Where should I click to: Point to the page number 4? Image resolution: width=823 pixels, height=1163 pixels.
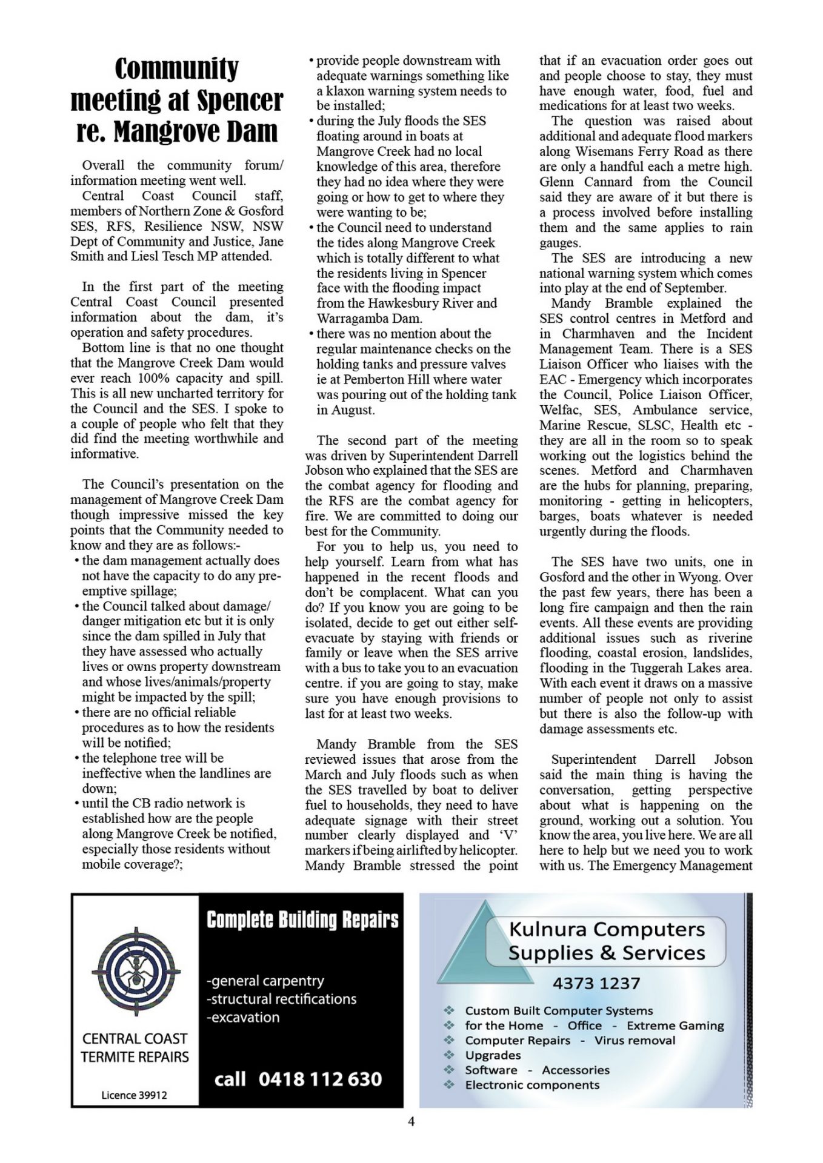[411, 1121]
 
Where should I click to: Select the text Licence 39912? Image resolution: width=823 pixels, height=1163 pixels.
[134, 1095]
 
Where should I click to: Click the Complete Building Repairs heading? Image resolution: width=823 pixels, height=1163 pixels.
[302, 920]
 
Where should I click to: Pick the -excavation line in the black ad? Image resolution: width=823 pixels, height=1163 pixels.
[243, 1017]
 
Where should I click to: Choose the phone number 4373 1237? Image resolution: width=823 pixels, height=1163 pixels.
[596, 983]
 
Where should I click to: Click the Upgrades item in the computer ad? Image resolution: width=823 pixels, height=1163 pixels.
[493, 1055]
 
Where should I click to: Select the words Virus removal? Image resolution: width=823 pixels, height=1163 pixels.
[635, 1040]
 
